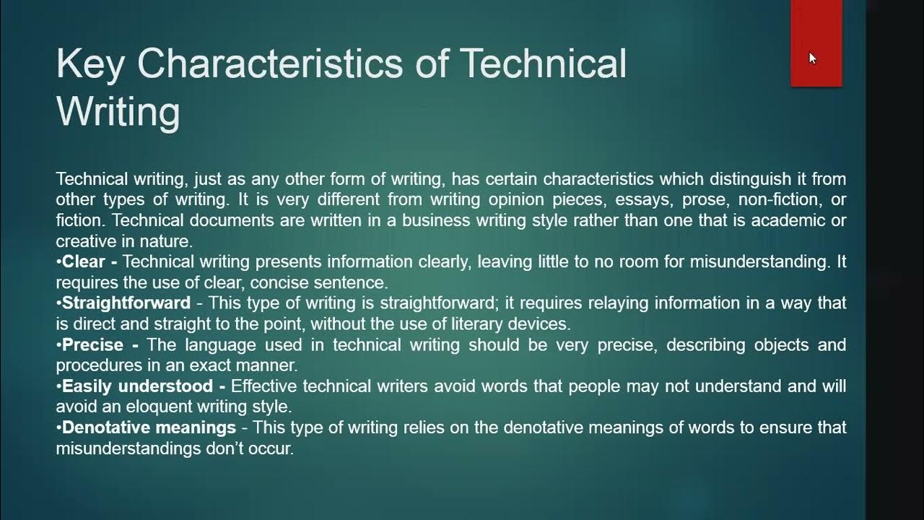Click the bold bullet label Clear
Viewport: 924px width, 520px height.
click(x=84, y=261)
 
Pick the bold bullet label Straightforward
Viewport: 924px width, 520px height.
click(x=126, y=303)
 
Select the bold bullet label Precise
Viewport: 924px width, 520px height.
click(x=90, y=344)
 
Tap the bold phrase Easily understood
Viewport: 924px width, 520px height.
click(x=137, y=386)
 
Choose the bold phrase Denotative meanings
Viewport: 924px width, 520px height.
click(x=149, y=428)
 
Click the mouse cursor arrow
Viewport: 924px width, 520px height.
click(x=812, y=58)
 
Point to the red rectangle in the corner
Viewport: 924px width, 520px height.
click(x=816, y=43)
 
